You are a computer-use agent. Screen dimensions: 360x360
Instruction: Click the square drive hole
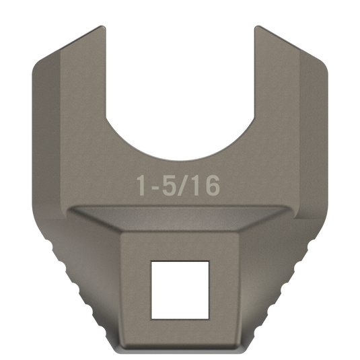(180, 290)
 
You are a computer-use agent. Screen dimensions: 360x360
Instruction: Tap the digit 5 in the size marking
(168, 185)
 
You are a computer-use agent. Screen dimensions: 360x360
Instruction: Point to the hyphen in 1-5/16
(154, 187)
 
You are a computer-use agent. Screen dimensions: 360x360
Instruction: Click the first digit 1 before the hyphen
(141, 185)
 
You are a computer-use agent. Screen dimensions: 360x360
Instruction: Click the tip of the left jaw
(102, 26)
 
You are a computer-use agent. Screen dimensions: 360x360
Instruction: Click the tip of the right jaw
(258, 26)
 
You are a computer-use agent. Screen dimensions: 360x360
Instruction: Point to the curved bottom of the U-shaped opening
(180, 160)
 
